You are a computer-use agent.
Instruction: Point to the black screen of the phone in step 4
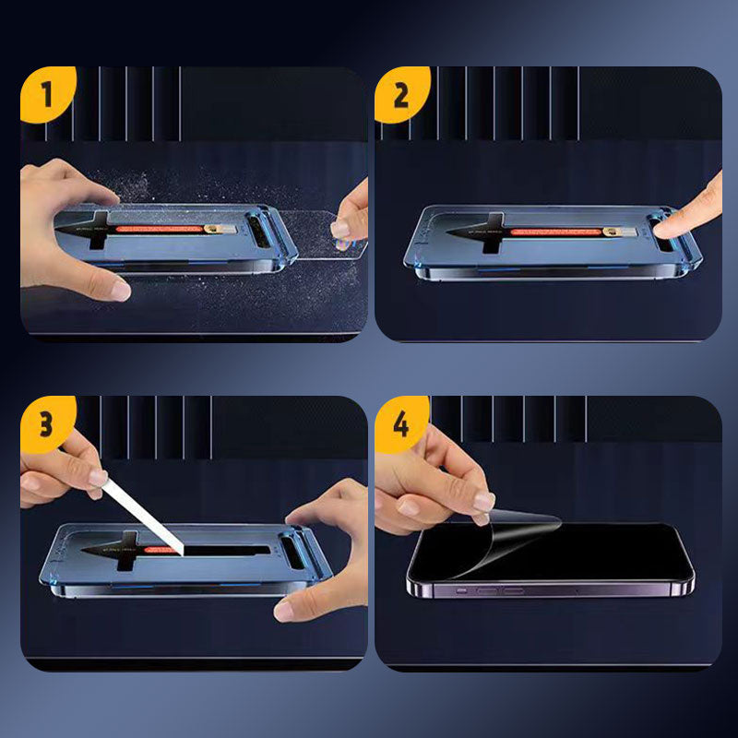590,553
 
